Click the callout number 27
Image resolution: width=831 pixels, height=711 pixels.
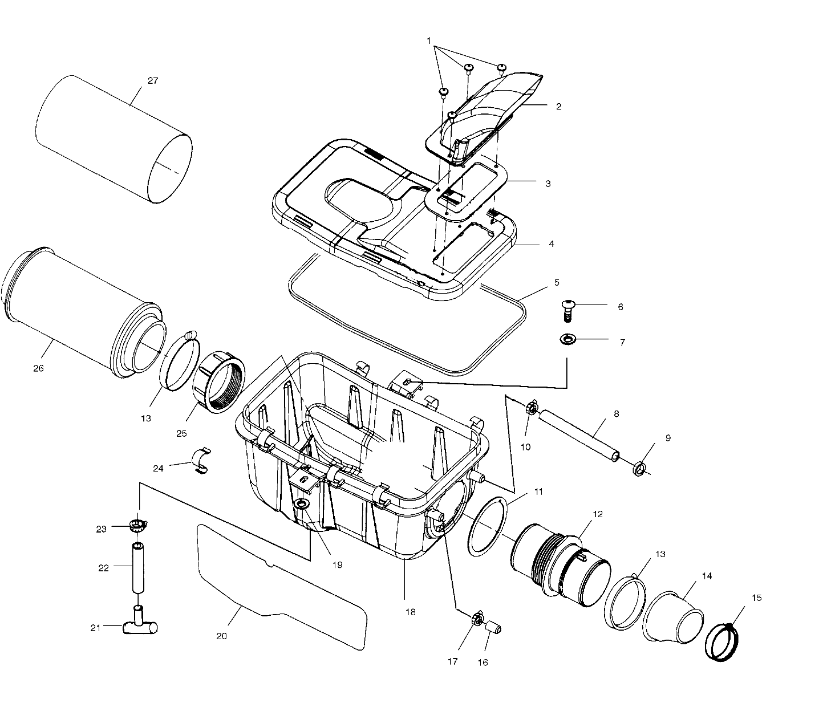point(153,80)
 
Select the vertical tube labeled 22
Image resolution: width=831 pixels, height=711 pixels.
point(138,568)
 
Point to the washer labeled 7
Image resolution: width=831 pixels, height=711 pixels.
point(567,340)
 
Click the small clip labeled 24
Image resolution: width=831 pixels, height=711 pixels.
point(200,461)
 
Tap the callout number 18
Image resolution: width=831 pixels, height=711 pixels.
point(410,612)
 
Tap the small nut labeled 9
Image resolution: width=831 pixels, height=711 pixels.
point(639,469)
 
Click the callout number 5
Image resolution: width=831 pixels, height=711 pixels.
point(557,282)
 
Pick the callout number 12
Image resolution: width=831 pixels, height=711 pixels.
point(597,514)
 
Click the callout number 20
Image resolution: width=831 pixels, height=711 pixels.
point(221,636)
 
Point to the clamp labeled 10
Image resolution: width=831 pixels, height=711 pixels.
point(531,408)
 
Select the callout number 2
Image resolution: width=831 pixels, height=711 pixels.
point(558,106)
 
